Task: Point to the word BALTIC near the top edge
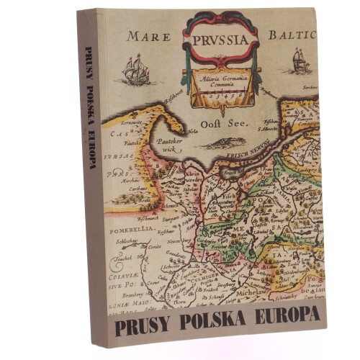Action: (291, 35)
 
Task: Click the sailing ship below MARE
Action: (135, 70)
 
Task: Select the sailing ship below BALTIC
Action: (300, 60)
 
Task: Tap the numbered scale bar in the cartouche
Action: (225, 94)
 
